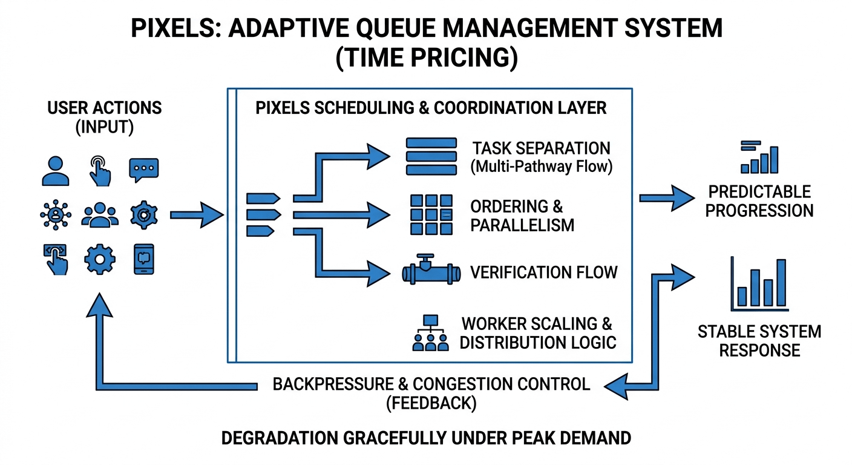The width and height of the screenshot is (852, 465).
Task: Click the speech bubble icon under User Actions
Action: pos(144,170)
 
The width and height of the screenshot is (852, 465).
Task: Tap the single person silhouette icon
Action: pos(56,171)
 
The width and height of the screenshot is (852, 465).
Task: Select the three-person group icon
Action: pos(100,215)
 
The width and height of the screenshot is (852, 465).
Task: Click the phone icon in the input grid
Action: pos(144,259)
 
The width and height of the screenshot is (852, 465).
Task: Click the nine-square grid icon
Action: pos(431,214)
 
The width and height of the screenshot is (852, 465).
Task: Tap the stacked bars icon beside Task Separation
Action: pos(431,156)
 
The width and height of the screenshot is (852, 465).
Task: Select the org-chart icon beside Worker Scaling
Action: pos(431,332)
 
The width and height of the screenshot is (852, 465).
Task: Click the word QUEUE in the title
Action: pos(393,28)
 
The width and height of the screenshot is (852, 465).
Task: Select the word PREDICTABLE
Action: pos(759,192)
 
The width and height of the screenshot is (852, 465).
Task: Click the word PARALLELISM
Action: pos(522,225)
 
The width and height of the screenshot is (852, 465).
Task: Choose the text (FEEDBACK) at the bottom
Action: pos(431,403)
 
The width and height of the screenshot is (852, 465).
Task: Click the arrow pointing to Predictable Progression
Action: pos(667,198)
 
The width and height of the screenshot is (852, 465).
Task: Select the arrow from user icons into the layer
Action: pos(197,215)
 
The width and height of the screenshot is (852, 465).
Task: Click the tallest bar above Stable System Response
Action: pos(781,283)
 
